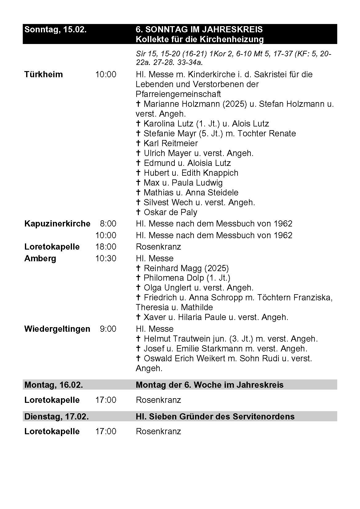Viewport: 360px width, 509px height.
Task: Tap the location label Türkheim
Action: [43, 74]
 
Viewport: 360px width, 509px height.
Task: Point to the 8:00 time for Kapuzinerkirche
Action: [108, 224]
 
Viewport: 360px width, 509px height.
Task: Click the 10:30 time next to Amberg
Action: [106, 259]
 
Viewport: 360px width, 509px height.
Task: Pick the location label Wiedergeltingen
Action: [57, 329]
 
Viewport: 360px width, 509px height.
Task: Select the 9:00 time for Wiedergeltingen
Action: [108, 329]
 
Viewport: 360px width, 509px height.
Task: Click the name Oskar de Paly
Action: [170, 212]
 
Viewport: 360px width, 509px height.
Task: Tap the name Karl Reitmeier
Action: [170, 143]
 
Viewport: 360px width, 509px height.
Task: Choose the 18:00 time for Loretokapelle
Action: [106, 247]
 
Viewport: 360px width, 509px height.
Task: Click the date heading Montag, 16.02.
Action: [54, 385]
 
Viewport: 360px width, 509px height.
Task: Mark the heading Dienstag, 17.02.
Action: [57, 417]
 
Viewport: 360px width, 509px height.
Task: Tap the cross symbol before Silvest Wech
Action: [138, 202]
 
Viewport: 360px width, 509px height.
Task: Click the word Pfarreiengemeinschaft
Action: [178, 94]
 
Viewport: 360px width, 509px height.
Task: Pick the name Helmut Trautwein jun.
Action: [185, 339]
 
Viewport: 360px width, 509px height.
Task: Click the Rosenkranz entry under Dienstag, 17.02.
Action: [158, 431]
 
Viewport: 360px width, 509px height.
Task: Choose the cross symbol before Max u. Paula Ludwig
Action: [138, 183]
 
